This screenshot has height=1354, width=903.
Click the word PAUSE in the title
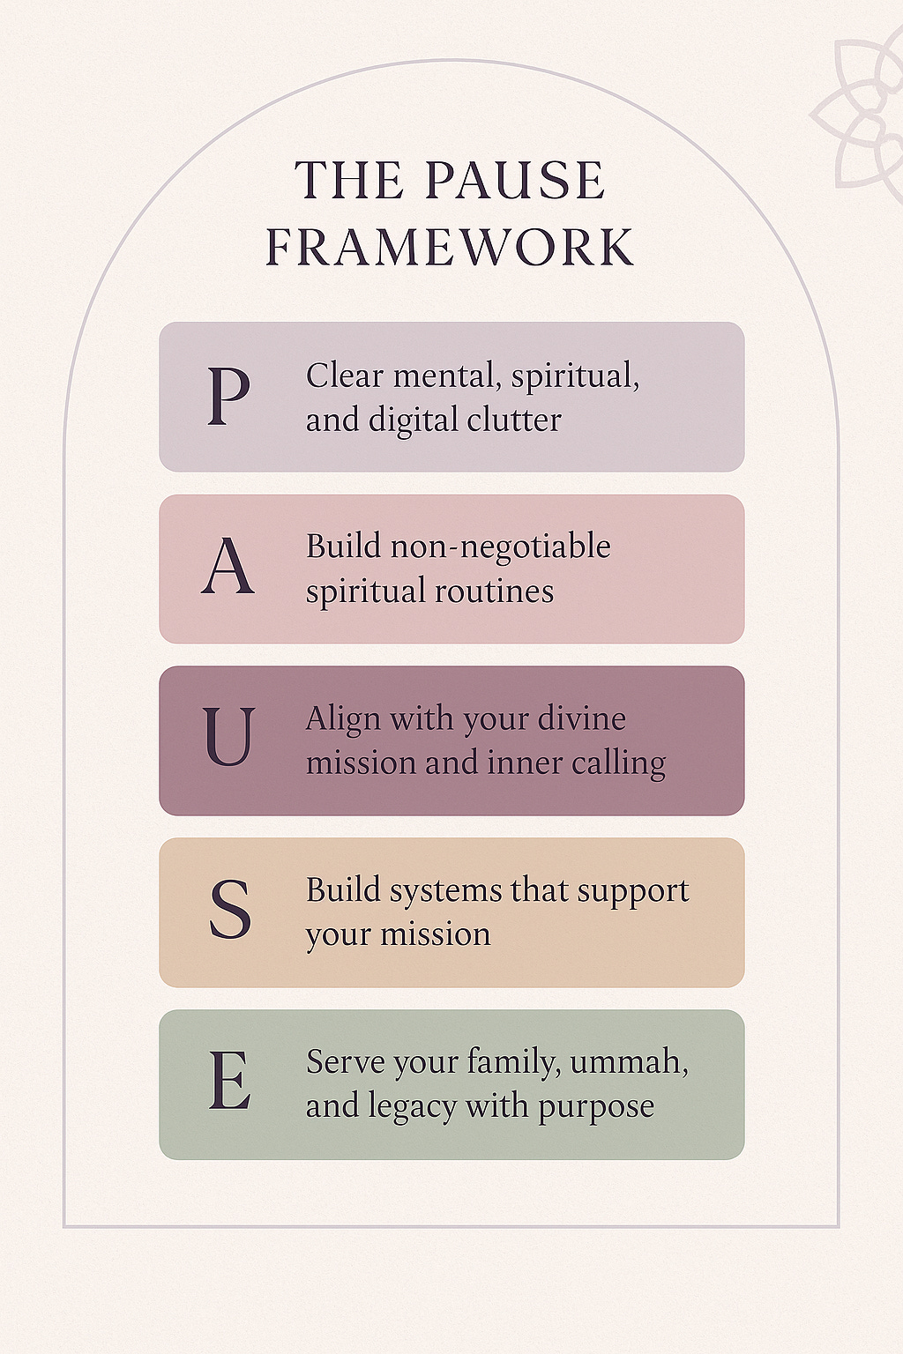coord(515,181)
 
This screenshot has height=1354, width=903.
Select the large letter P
coord(228,397)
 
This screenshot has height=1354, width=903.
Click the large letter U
coord(228,738)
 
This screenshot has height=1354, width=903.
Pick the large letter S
coord(229,910)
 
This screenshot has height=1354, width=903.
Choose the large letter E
coord(229,1082)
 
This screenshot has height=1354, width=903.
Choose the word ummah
coord(629,1062)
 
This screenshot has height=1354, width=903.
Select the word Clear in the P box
coord(345,376)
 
